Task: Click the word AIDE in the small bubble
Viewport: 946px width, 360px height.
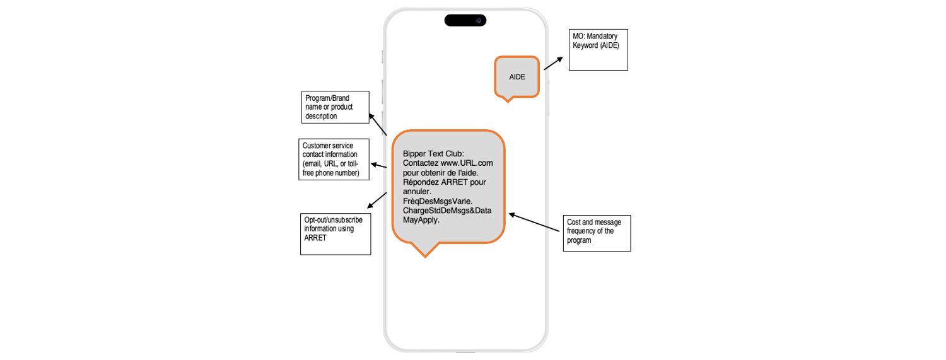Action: click(x=517, y=77)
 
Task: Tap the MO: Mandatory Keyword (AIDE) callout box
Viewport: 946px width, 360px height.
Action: click(x=598, y=49)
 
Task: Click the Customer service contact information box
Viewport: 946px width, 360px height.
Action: click(x=332, y=160)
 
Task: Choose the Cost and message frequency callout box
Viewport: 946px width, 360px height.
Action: click(x=597, y=233)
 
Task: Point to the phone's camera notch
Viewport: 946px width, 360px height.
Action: click(x=465, y=20)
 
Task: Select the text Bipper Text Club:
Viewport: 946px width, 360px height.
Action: click(x=433, y=153)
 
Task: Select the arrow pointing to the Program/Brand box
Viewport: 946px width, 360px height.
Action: click(x=378, y=124)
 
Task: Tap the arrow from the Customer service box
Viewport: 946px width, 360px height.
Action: click(x=378, y=165)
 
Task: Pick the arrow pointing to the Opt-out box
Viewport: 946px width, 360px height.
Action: click(x=377, y=200)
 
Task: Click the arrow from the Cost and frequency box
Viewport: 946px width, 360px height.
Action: click(x=535, y=223)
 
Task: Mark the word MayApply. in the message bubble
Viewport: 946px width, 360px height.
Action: click(x=421, y=220)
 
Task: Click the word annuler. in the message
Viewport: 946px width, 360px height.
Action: click(x=417, y=192)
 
